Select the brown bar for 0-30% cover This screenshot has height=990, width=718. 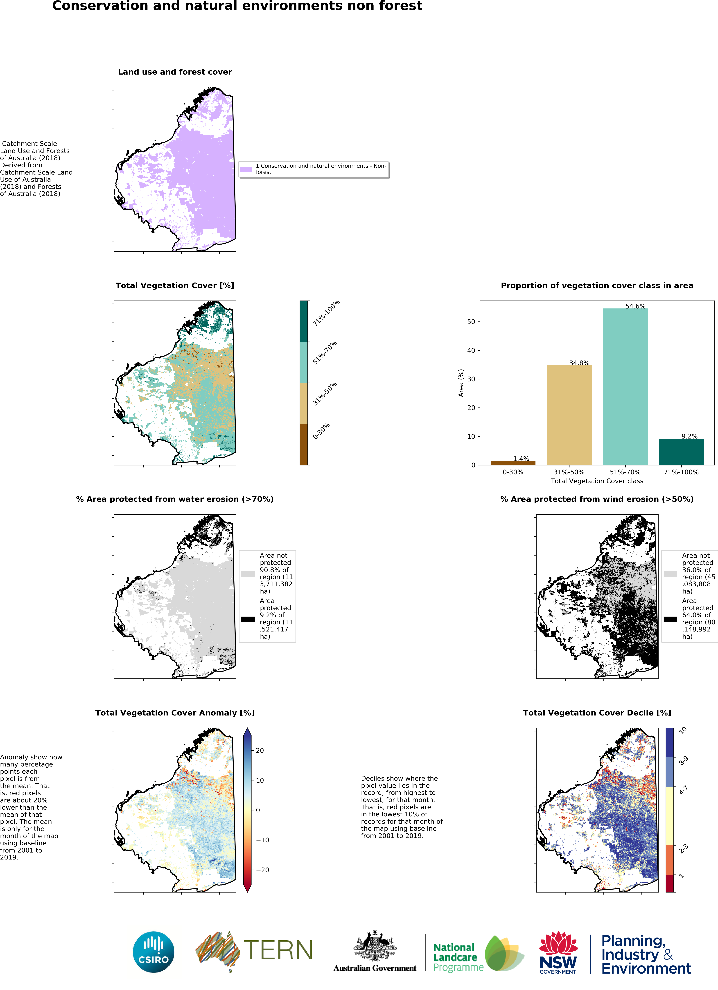coord(513,463)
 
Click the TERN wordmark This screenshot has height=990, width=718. coord(278,950)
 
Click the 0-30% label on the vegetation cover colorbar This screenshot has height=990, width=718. coord(321,431)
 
